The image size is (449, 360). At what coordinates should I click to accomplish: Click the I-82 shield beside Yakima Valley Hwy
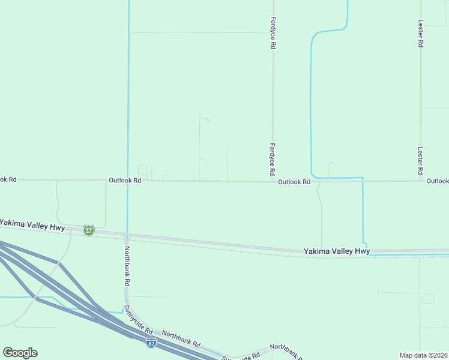click(89, 230)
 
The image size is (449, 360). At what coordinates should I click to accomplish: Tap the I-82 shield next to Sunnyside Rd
click(151, 343)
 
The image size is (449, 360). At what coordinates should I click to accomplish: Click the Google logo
click(20, 353)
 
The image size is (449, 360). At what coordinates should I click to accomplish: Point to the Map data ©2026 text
click(423, 355)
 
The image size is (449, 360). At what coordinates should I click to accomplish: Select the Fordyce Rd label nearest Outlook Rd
click(273, 159)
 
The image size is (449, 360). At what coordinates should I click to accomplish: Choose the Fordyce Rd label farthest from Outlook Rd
click(273, 32)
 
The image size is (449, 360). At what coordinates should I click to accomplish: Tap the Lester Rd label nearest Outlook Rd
click(421, 161)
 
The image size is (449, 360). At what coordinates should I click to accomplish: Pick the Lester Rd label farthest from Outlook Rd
click(421, 32)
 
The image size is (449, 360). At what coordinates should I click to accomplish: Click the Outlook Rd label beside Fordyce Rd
click(294, 181)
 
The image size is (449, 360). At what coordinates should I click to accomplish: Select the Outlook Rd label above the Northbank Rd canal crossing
click(125, 180)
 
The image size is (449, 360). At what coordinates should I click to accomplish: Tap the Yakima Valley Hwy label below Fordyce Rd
click(336, 251)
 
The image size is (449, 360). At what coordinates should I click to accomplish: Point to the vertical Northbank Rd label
click(127, 266)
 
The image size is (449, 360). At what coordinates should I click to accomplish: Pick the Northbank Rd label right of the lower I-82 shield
click(181, 338)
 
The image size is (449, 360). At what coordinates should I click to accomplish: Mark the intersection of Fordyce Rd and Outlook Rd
click(273, 181)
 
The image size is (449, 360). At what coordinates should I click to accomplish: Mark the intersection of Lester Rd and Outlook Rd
click(421, 181)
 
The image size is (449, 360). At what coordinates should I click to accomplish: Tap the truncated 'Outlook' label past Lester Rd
click(438, 181)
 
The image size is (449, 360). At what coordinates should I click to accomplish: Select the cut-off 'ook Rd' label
click(8, 179)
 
